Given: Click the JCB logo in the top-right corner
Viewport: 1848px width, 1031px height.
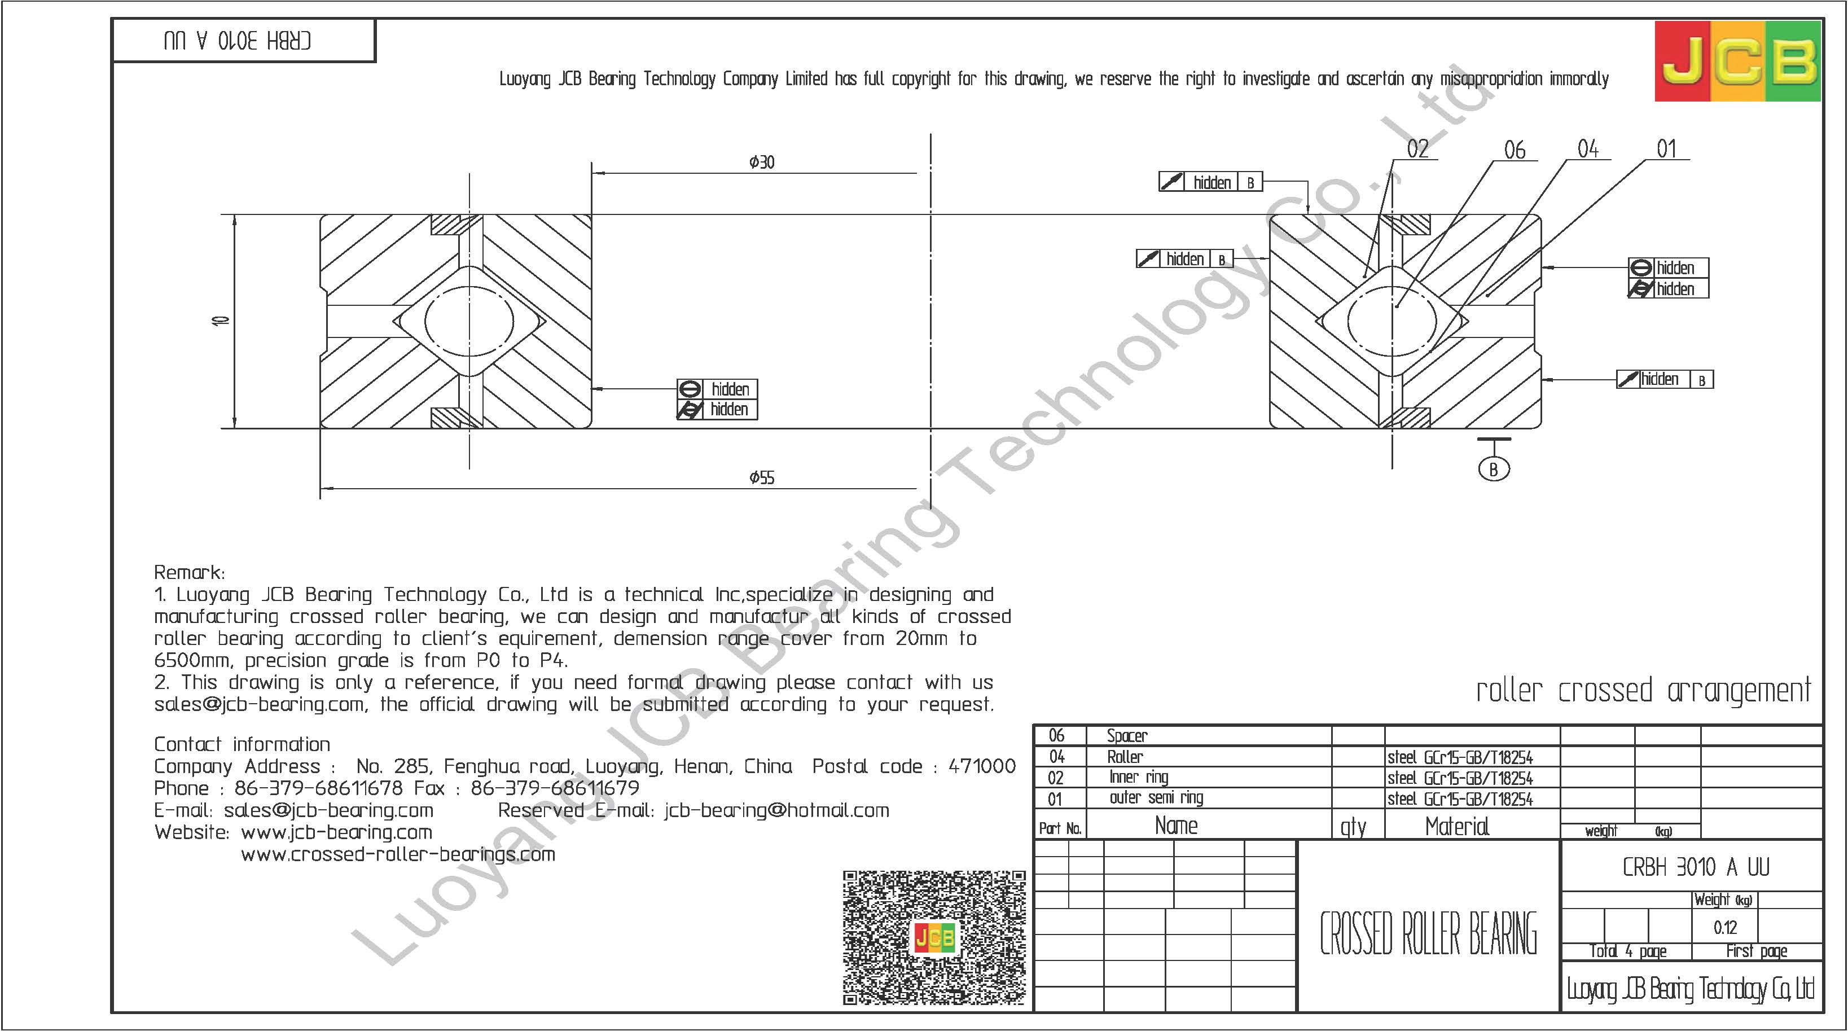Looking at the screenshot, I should (1737, 61).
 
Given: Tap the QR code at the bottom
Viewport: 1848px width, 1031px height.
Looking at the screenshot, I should (934, 937).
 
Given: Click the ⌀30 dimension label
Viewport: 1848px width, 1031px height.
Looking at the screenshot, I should (761, 162).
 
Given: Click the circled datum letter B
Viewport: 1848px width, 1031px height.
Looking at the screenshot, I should (1494, 469).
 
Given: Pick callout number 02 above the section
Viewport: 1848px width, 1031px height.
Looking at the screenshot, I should (1417, 149).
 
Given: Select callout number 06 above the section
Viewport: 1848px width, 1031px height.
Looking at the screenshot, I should (1515, 150).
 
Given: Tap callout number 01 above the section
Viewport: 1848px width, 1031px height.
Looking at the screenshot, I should (1666, 149).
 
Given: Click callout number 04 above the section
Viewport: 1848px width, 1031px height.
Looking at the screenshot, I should (1587, 149).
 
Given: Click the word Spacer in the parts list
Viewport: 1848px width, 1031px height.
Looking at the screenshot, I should (1127, 735).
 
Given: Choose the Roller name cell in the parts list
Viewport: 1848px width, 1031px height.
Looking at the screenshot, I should (1125, 757).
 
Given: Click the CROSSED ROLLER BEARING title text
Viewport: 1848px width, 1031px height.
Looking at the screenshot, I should (1428, 933).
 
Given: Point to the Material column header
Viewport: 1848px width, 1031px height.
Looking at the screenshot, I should (1457, 827).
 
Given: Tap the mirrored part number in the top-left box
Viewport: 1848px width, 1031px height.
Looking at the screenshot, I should (238, 41).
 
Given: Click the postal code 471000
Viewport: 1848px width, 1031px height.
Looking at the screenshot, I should (982, 766).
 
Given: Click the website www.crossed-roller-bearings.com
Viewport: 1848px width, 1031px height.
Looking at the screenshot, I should (398, 854).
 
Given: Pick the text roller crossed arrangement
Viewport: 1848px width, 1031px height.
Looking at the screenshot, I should (1643, 691).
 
